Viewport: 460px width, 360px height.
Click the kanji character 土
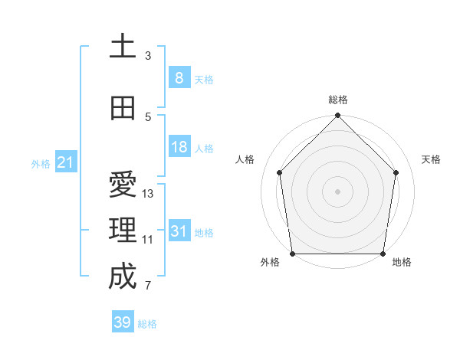click(x=123, y=47)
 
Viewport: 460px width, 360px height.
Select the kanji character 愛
click(x=123, y=185)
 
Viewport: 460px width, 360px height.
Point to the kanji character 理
click(x=123, y=231)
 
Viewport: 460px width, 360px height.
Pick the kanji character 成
click(x=123, y=277)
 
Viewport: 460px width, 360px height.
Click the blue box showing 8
click(x=179, y=77)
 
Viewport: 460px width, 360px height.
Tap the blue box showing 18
click(x=179, y=147)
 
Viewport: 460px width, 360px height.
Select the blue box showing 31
click(x=179, y=231)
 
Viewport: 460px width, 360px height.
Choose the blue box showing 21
click(x=65, y=162)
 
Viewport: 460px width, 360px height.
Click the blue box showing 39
click(x=122, y=322)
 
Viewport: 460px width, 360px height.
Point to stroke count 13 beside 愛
click(x=148, y=194)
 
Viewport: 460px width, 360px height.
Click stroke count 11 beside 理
click(x=148, y=240)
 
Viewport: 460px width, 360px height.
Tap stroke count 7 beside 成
click(x=148, y=286)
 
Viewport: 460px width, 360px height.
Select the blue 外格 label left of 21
click(x=41, y=163)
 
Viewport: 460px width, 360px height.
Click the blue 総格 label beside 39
click(x=148, y=323)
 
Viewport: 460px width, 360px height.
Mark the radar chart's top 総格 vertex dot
click(x=337, y=116)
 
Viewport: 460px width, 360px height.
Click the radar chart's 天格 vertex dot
click(x=396, y=172)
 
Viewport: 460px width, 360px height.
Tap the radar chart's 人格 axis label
click(x=245, y=159)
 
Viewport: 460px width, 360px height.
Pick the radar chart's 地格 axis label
click(x=402, y=262)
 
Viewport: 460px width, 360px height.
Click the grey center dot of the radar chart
click(x=337, y=191)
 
